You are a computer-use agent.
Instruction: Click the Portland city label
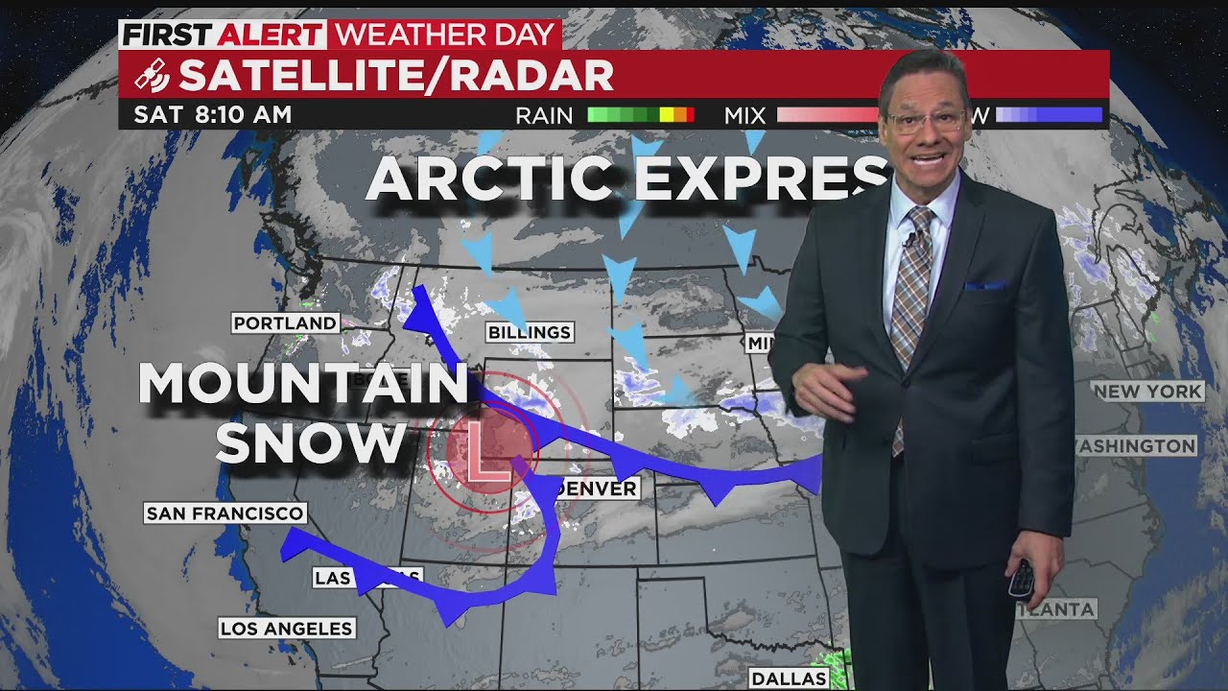[x=286, y=323]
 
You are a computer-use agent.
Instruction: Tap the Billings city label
[x=530, y=333]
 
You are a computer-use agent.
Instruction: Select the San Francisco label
[x=225, y=513]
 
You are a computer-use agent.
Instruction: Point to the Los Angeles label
[x=287, y=629]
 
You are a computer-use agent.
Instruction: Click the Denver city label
[x=596, y=488]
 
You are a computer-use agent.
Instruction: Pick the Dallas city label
[x=789, y=679]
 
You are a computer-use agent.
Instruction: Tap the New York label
[x=1148, y=391]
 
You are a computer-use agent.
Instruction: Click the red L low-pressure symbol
[x=487, y=447]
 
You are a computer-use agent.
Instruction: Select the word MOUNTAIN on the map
[x=303, y=384]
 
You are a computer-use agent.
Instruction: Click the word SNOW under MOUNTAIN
[x=311, y=443]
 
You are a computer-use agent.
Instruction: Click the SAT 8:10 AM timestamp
[x=213, y=114]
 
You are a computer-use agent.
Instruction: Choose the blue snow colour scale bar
[x=1050, y=115]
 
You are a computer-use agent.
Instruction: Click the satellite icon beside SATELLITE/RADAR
[x=152, y=75]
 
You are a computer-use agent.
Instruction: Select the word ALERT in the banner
[x=271, y=35]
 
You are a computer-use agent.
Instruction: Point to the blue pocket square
[x=985, y=285]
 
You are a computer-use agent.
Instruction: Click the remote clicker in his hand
[x=1023, y=578]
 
